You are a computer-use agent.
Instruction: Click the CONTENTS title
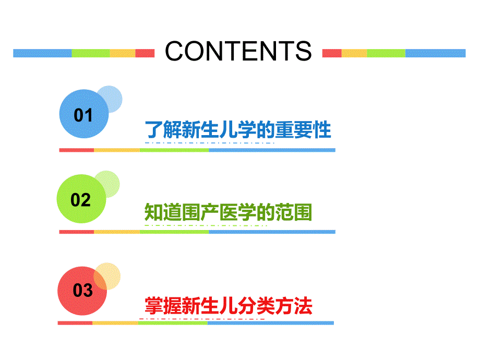pyautogui.click(x=238, y=51)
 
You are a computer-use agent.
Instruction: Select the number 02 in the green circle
pyautogui.click(x=80, y=200)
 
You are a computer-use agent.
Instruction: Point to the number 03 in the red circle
pyautogui.click(x=82, y=290)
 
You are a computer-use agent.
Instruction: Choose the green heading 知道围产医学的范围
pyautogui.click(x=228, y=212)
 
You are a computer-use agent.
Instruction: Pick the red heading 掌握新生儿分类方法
pyautogui.click(x=229, y=305)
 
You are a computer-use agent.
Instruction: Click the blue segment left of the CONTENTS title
pyautogui.click(x=42, y=53)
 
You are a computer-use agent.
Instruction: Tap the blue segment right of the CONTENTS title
pyautogui.click(x=435, y=53)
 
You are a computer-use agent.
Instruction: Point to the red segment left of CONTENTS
pyautogui.click(x=145, y=53)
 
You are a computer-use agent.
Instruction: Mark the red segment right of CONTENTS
pyautogui.click(x=332, y=53)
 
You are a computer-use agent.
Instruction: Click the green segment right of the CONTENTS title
pyautogui.click(x=386, y=53)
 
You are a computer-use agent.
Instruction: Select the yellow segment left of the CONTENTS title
pyautogui.click(x=123, y=53)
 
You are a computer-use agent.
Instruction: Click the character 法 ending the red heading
pyautogui.click(x=304, y=305)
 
